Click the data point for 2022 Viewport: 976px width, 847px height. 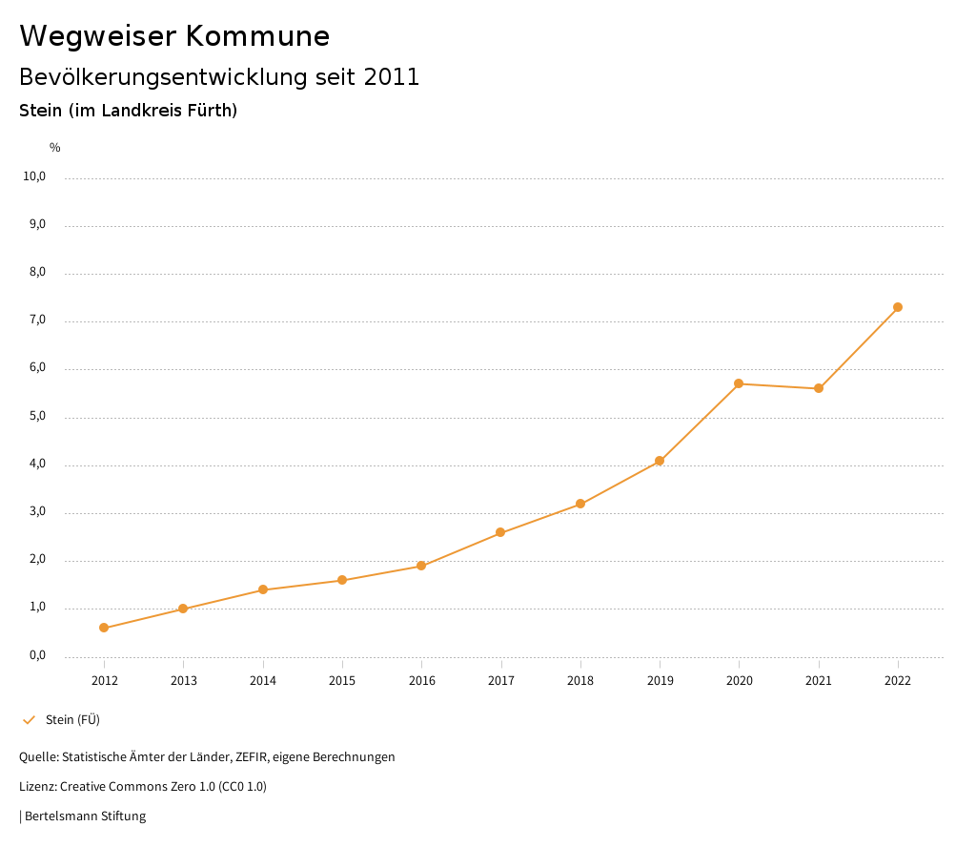click(898, 307)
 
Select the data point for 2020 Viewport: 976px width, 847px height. click(739, 383)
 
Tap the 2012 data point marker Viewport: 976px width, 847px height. click(104, 628)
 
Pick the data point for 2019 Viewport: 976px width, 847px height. click(660, 461)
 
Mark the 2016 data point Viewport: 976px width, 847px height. click(421, 566)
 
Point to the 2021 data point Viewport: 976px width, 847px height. click(819, 388)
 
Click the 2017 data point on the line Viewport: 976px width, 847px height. click(500, 532)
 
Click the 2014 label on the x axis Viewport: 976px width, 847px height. click(263, 680)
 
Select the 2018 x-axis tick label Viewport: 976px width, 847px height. click(580, 680)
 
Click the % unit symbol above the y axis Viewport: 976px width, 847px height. click(55, 148)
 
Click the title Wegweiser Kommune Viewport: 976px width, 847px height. click(174, 36)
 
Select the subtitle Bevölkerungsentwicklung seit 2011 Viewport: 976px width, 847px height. click(219, 77)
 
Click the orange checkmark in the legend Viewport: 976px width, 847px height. click(29, 720)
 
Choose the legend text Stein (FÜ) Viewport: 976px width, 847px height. click(72, 720)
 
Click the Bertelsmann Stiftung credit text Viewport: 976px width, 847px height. click(85, 816)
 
